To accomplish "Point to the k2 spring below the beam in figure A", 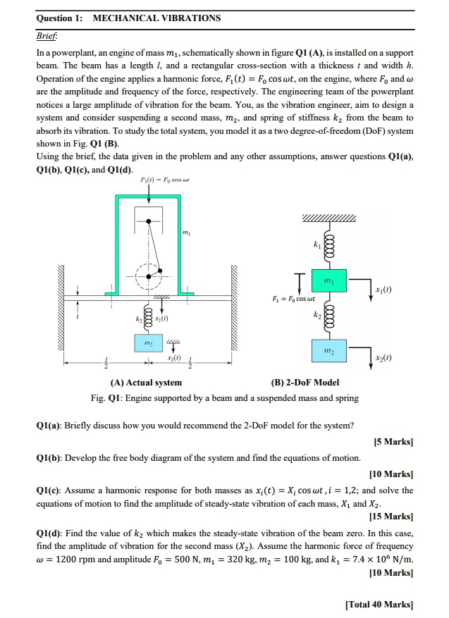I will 148,312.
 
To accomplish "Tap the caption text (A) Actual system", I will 146,383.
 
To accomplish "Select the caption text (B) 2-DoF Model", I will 305,383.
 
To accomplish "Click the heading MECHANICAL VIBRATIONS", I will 156,18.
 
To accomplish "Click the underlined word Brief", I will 46,37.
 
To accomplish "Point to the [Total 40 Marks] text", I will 379,605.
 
